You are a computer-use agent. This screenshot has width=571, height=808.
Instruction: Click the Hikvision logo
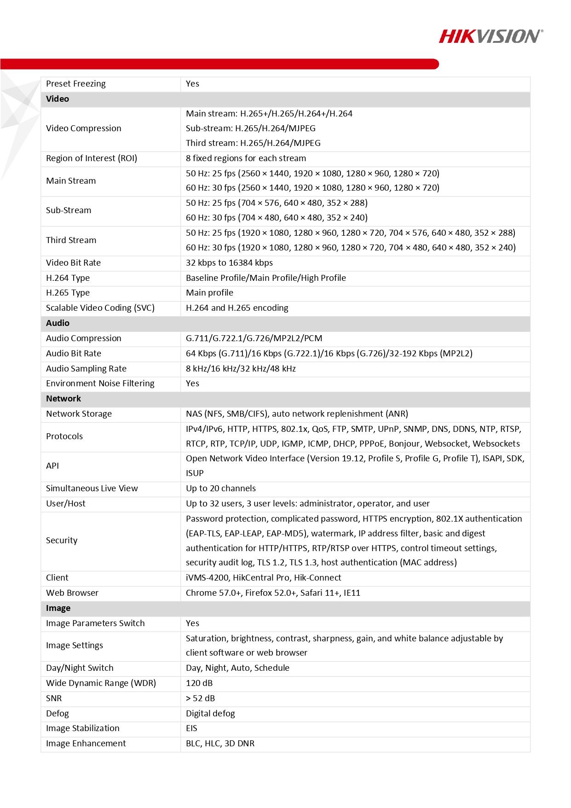[x=490, y=36]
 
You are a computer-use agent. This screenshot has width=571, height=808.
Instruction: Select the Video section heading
[x=58, y=99]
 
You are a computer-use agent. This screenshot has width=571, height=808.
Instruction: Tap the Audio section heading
[x=58, y=323]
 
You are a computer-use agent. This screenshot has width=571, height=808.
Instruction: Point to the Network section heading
[x=63, y=399]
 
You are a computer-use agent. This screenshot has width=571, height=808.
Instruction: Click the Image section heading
[x=58, y=608]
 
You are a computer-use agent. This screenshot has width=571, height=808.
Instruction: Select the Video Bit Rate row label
[x=73, y=263]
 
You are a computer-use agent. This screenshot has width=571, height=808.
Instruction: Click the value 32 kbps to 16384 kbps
[x=229, y=263]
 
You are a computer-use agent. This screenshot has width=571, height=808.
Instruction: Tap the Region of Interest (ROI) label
[x=92, y=158]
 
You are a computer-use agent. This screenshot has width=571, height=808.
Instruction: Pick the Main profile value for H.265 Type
[x=209, y=293]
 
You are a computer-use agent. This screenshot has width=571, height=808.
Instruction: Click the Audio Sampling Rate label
[x=86, y=369]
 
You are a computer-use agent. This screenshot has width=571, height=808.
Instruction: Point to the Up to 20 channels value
[x=221, y=488]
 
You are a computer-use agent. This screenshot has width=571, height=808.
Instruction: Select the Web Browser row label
[x=72, y=593]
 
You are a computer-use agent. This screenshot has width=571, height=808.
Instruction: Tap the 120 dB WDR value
[x=199, y=683]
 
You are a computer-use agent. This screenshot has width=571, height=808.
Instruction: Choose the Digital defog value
[x=210, y=714]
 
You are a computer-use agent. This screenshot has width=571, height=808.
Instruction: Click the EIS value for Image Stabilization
[x=191, y=728]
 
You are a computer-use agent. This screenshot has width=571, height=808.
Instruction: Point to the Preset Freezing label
[x=76, y=84]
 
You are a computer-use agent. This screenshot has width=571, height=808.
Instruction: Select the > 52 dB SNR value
[x=200, y=698]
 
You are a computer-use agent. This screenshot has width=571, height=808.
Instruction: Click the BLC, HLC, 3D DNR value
[x=220, y=744]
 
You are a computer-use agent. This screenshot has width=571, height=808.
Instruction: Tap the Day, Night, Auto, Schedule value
[x=237, y=668]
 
